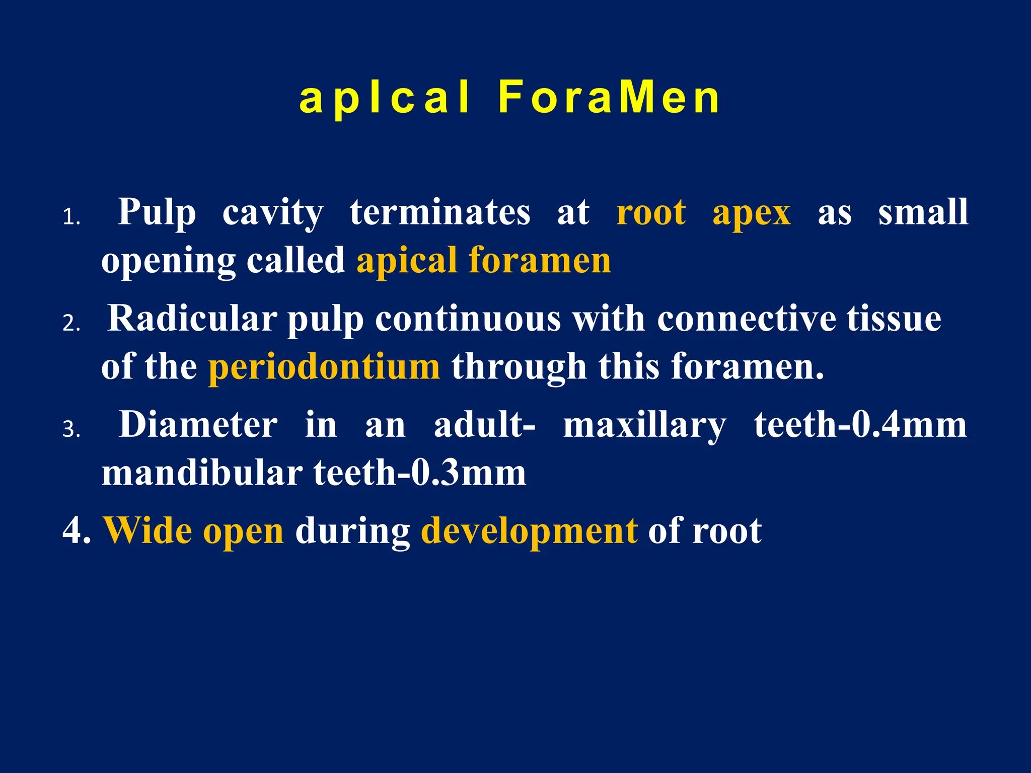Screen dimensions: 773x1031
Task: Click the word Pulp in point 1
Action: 157,212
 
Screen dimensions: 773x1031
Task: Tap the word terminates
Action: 440,212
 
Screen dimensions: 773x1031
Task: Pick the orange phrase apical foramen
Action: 483,261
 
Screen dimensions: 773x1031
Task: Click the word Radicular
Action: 192,318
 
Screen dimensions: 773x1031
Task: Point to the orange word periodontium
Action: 324,367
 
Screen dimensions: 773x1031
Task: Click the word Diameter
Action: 198,425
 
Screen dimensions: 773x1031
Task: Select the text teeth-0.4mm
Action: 860,425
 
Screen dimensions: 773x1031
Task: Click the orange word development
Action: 529,531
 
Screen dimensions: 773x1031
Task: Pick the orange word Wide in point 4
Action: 147,530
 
